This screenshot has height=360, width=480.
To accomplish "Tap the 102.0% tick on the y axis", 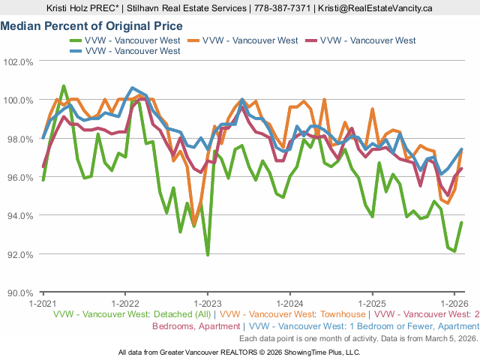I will tap(19, 61).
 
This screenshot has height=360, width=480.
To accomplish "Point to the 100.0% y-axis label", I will tap(19, 100).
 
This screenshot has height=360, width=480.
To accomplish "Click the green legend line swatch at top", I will tap(75, 40).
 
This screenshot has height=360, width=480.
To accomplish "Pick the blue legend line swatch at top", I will tap(75, 50).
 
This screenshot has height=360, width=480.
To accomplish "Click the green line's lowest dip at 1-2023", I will tap(208, 255).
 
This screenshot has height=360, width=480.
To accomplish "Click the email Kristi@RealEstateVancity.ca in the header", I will tap(375, 8).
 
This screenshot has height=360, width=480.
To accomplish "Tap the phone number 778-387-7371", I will tap(283, 8).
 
